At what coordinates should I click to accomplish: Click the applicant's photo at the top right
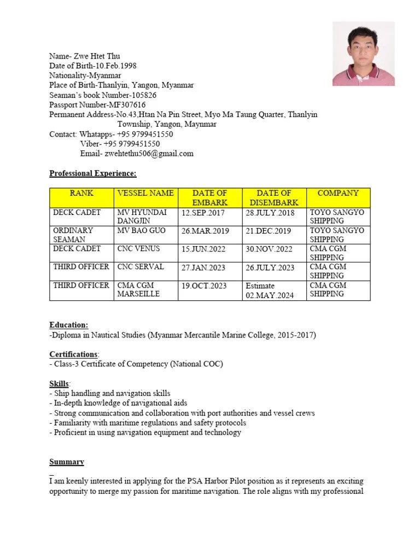pos(363,54)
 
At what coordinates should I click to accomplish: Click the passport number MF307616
pos(127,105)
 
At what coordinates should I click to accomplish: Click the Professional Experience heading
pos(92,173)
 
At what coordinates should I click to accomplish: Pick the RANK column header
pos(81,193)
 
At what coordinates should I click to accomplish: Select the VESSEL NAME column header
pos(145,193)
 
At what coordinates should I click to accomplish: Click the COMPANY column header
pos(338,193)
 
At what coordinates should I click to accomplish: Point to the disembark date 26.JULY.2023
pos(270,267)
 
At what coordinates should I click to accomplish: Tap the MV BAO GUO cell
pos(139,231)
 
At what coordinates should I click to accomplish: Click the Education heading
pos(68,325)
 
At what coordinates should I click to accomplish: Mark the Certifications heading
pos(74,354)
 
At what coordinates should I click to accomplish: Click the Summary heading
pos(67,462)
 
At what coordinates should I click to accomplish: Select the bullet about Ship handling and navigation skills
pos(110,393)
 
